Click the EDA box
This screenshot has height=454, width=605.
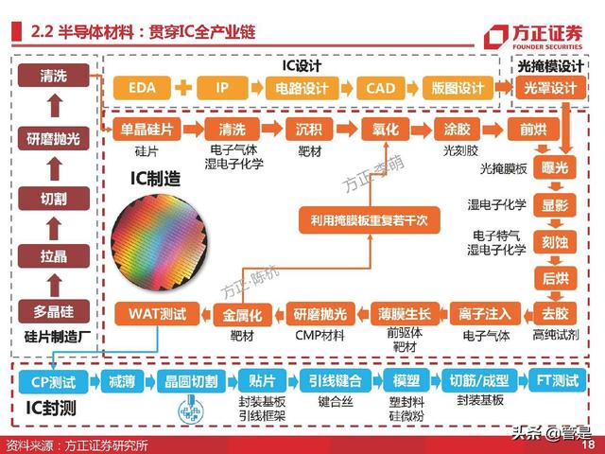pos(142,88)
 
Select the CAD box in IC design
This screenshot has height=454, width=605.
pos(380,88)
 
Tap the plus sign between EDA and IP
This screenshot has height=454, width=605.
pos(183,88)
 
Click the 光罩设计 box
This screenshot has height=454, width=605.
pos(550,88)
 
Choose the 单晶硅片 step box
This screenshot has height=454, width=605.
pos(147,129)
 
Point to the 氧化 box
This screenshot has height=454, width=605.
pos(385,129)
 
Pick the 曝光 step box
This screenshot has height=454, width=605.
pos(555,167)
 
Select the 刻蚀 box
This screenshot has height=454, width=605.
pos(555,242)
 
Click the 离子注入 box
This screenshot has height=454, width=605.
pos(485,314)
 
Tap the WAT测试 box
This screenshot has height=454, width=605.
pos(157,314)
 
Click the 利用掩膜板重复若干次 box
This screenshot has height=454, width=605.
pos(370,220)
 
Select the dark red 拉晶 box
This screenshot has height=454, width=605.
pos(54,256)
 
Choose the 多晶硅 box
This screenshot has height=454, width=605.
pos(54,311)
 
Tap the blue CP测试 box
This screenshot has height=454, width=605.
pos(53,381)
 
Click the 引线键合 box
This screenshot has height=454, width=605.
pos(336,381)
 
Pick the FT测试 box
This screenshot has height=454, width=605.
pos(558,380)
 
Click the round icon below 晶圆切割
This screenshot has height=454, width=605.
pos(191,410)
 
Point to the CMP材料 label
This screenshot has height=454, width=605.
pos(320,336)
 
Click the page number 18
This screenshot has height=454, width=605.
pos(589,445)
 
